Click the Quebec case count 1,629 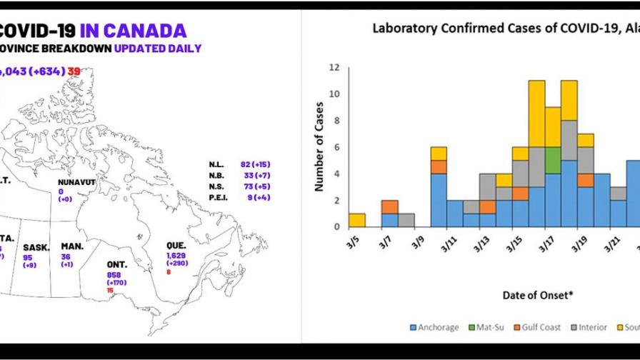coord(176,255)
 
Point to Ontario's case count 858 coord(114,274)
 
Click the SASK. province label coord(36,247)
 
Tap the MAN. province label coord(73,246)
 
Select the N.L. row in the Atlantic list coord(218,164)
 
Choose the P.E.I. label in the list coord(219,197)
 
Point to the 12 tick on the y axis coord(333,68)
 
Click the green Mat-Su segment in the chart coord(552,161)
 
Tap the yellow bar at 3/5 coord(356,221)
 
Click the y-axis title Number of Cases coord(319,147)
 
